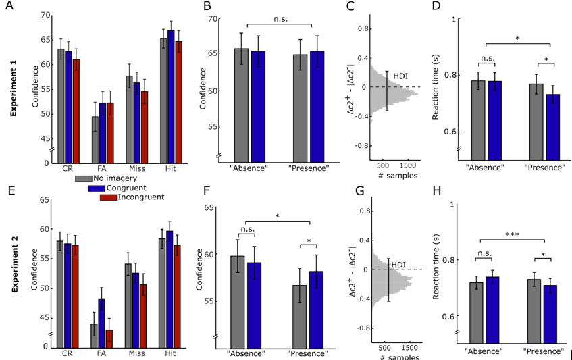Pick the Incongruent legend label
[x=140, y=197]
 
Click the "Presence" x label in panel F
[x=307, y=353]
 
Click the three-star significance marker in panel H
[x=514, y=233]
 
